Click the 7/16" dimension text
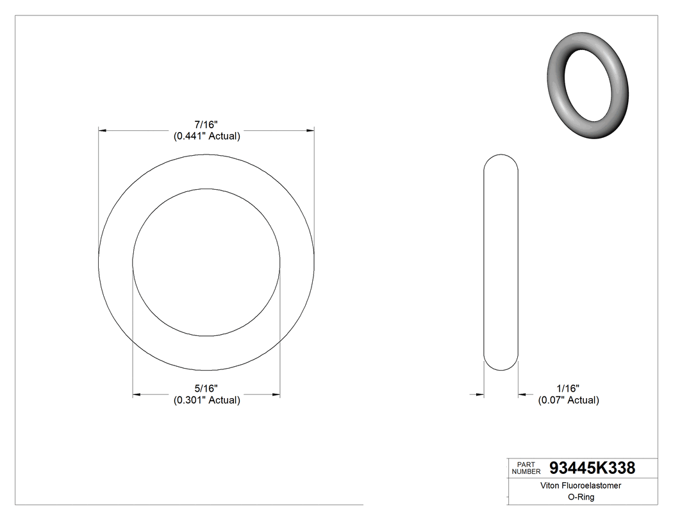206,124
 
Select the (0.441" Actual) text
206,136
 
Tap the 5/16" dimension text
206,389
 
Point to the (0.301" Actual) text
206,400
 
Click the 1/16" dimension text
568,389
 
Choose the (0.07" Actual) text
568,400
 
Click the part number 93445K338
592,468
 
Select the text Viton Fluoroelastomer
582,486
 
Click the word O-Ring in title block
582,497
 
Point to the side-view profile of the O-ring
501,263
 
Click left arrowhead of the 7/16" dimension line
102,131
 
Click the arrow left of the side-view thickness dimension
479,394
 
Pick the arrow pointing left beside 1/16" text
523,394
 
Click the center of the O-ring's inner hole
206,262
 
